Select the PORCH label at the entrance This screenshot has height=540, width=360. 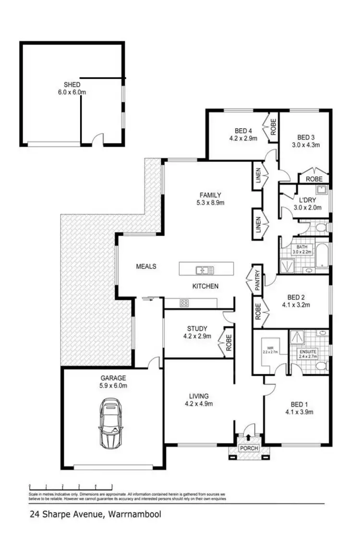coord(249,448)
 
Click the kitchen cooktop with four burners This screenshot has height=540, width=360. coord(184,303)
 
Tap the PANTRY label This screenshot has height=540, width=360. coord(257,280)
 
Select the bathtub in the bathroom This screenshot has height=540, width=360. coord(322,256)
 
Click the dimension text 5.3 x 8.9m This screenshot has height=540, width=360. coord(210,202)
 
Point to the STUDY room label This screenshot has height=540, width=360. coord(197,329)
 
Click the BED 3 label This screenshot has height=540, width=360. coord(305,136)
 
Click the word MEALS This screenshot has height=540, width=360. coord(146,266)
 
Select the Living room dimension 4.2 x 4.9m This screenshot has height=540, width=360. coord(199,404)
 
